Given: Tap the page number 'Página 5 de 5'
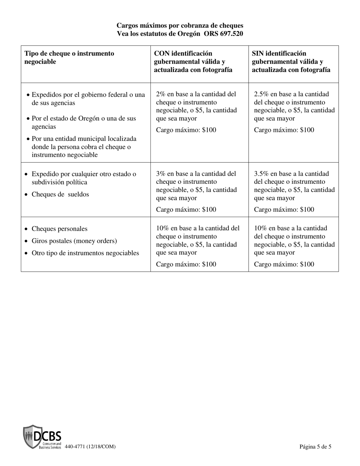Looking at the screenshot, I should (315, 447).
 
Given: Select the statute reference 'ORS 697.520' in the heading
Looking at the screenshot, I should (224, 34).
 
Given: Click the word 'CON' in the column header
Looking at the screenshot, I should (162, 53).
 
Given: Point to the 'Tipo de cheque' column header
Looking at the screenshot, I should (69, 57).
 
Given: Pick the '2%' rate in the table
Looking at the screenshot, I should (161, 94).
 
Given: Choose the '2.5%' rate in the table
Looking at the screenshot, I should (261, 94).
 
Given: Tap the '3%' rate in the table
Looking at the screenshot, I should (161, 174).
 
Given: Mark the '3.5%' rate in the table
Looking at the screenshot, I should (261, 174).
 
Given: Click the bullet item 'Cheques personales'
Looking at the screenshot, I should (59, 229).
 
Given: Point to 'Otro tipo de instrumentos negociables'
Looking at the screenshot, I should (85, 253).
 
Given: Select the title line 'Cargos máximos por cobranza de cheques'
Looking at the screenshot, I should (180, 25).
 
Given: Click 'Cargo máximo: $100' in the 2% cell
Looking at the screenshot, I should (186, 130).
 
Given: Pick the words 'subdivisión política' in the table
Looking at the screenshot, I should (59, 182).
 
